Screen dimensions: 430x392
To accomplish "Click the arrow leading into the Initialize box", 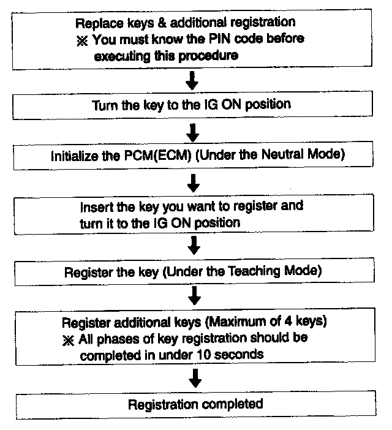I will pyautogui.click(x=193, y=131).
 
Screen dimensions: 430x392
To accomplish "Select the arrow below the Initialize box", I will pyautogui.click(x=194, y=182).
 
